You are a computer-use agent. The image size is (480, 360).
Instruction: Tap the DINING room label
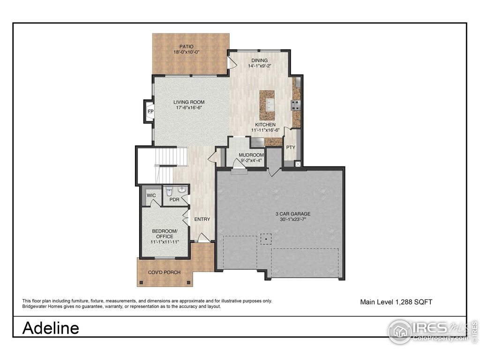pyautogui.click(x=259, y=60)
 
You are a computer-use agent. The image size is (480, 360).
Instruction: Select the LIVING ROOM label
pyautogui.click(x=190, y=102)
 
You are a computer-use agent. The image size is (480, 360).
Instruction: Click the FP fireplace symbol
pyautogui.click(x=150, y=112)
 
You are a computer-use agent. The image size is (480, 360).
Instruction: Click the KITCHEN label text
pyautogui.click(x=265, y=125)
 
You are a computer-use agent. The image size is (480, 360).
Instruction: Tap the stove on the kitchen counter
pyautogui.click(x=296, y=105)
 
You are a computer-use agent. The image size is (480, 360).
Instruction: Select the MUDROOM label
pyautogui.click(x=251, y=155)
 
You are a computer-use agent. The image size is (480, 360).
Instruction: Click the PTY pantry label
pyautogui.click(x=291, y=147)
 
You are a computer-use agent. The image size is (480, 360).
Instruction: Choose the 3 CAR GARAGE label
pyautogui.click(x=293, y=214)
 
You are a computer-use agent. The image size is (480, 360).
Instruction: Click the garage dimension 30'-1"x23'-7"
pyautogui.click(x=293, y=219)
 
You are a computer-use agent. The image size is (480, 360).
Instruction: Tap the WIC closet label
pyautogui.click(x=151, y=195)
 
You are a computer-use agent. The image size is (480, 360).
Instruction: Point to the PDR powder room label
pyautogui.click(x=174, y=200)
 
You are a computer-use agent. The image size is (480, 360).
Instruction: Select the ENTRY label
pyautogui.click(x=202, y=219)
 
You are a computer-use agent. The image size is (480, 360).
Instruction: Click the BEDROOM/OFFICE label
pyautogui.click(x=165, y=234)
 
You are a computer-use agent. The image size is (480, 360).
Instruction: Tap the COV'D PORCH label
pyautogui.click(x=164, y=272)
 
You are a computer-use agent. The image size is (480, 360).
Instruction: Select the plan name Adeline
pyautogui.click(x=51, y=328)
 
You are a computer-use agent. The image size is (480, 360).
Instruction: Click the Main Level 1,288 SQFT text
pyautogui.click(x=396, y=302)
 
